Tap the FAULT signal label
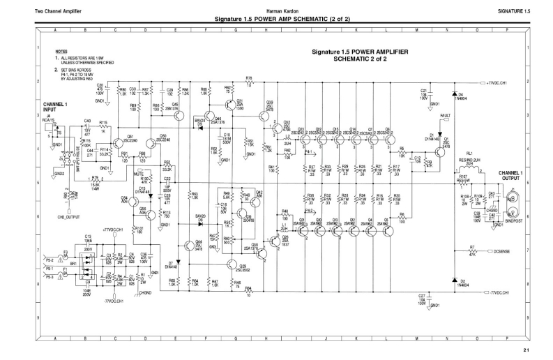444,115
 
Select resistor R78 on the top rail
249,82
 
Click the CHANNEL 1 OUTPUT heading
513,175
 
